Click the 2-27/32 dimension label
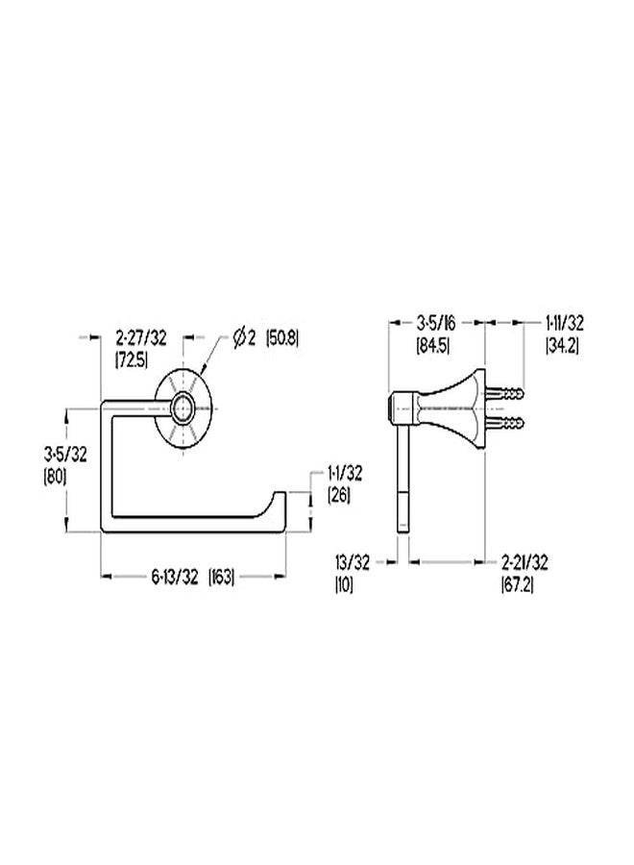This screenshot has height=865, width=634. [x=140, y=337]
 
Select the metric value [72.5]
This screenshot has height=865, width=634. [x=132, y=359]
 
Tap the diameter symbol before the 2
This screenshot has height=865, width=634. [x=239, y=337]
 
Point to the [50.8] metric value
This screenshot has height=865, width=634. [x=282, y=337]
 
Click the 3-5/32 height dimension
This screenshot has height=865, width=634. [x=65, y=455]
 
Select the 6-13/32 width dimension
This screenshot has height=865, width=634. [x=174, y=577]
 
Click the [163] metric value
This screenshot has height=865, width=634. [x=221, y=577]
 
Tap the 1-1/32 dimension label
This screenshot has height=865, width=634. [x=345, y=474]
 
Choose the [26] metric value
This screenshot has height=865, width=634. [x=338, y=495]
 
